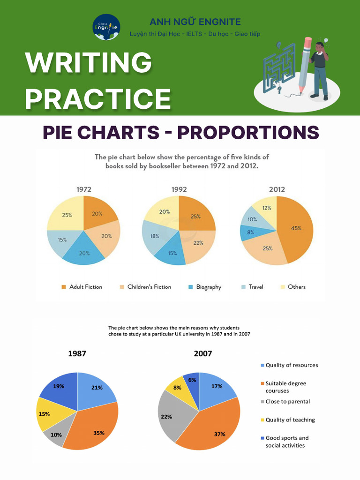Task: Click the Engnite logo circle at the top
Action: [x=106, y=27]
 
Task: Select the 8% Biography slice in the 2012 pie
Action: [x=249, y=232]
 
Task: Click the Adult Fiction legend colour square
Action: [x=64, y=287]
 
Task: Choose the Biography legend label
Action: [x=208, y=287]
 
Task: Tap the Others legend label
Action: [x=296, y=287]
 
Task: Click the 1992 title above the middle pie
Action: [x=178, y=189]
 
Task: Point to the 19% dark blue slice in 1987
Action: [x=60, y=387]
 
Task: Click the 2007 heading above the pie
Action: [x=202, y=353]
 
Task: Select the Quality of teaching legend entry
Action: [x=290, y=420]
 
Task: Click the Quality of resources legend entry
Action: [x=291, y=365]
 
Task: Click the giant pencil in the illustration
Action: [x=304, y=66]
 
